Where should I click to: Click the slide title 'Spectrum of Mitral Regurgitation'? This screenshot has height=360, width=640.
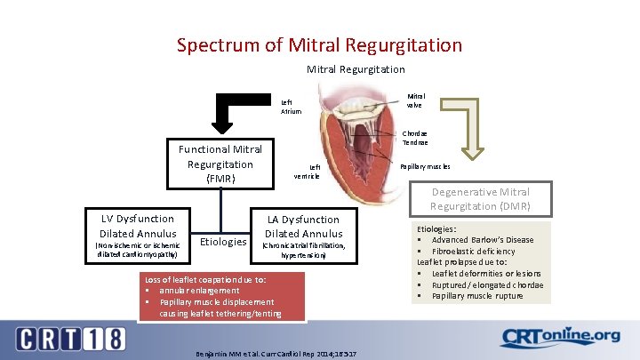[319, 44]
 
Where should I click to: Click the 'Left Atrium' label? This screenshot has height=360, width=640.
[291, 107]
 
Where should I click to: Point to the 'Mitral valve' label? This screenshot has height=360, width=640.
[415, 100]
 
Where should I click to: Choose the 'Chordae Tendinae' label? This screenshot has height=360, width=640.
[414, 138]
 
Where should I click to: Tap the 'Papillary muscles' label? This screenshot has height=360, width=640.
[425, 166]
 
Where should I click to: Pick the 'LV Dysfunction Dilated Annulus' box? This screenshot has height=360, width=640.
[138, 236]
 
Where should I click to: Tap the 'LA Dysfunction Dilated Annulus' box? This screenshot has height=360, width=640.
[302, 236]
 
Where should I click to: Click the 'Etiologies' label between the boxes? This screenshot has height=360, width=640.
[223, 241]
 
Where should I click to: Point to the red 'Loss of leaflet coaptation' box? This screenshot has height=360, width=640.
[222, 296]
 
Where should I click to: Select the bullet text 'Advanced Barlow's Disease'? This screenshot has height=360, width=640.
[483, 240]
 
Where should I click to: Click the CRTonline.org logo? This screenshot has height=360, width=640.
[560, 337]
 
